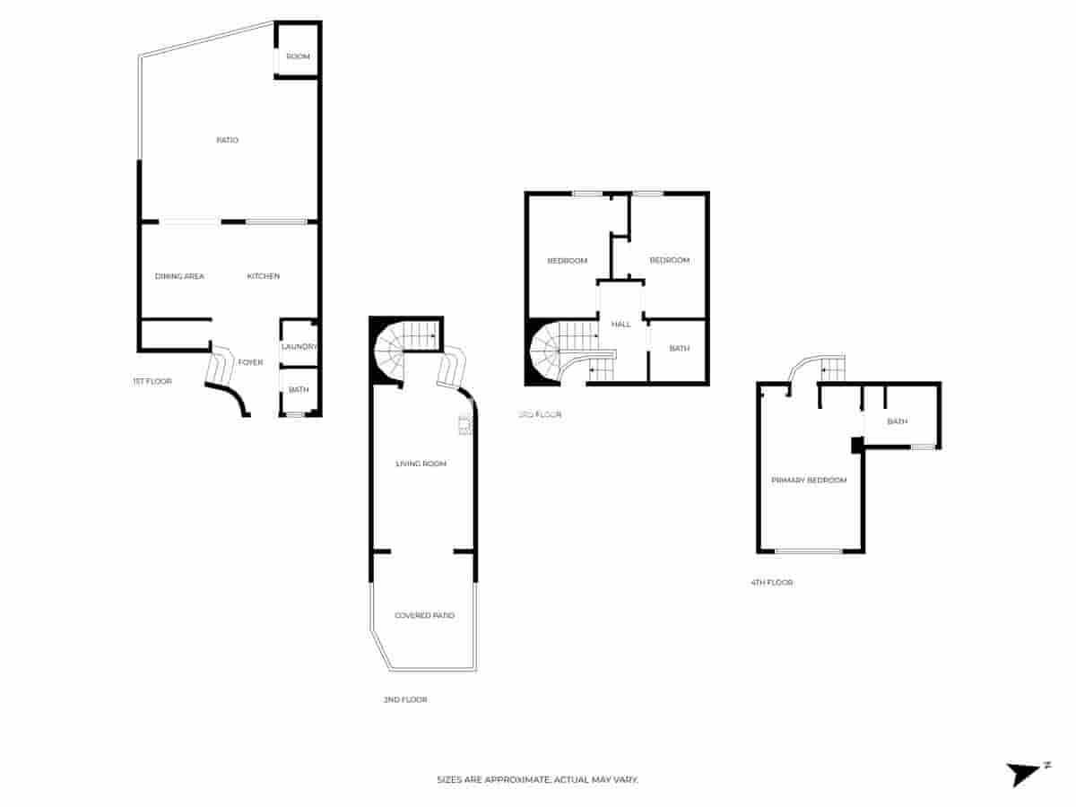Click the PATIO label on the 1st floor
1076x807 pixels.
pos(227,140)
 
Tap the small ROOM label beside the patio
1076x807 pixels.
pos(298,56)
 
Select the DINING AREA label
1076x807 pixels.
pos(179,276)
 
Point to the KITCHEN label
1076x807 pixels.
pos(264,276)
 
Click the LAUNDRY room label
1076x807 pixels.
pos(299,347)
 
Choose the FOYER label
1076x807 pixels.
pos(250,362)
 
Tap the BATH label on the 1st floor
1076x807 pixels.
pos(299,389)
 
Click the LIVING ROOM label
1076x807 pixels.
pos(421,464)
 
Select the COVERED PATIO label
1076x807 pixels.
pos(424,615)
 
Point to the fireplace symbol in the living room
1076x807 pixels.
pos(464,425)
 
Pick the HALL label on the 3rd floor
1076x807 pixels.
pos(621,325)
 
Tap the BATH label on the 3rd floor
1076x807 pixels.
pos(679,348)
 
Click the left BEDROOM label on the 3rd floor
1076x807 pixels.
pos(568,261)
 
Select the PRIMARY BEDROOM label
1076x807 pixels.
pos(809,481)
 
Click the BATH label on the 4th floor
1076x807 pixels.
pos(897,421)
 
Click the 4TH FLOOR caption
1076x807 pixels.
pos(771,583)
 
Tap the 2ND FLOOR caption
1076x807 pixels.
pos(404,699)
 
